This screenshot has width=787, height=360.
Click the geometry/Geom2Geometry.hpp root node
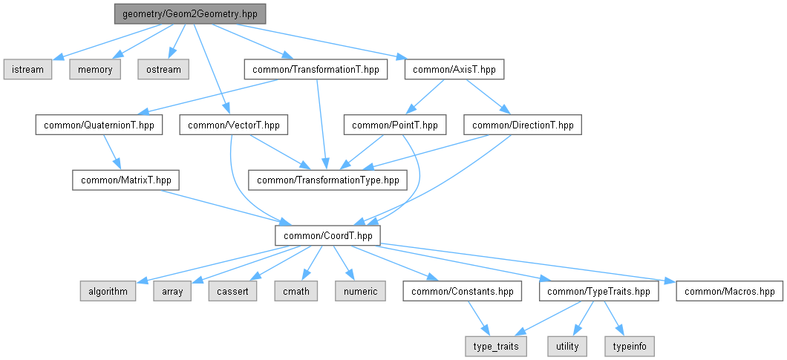point(190,14)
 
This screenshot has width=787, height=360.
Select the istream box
point(27,69)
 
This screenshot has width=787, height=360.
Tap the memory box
point(95,69)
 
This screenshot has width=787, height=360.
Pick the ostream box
point(163,69)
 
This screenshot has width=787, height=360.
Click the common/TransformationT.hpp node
point(316,69)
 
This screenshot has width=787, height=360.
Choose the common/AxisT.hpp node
point(454,69)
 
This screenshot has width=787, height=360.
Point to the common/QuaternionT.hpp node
point(99,125)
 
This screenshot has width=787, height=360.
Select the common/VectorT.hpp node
point(234,125)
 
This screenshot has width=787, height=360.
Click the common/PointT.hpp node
point(395,125)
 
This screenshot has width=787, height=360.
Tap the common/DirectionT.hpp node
point(523,125)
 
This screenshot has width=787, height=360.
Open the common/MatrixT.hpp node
point(125,180)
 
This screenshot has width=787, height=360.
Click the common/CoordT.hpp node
point(327,235)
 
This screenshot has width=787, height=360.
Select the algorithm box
point(108,291)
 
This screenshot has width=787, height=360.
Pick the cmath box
point(296,291)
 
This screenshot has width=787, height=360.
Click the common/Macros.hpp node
point(729,291)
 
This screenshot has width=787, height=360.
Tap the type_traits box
point(496,347)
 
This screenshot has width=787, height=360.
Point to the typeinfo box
point(630,347)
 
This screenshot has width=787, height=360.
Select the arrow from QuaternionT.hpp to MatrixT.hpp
point(111,153)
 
